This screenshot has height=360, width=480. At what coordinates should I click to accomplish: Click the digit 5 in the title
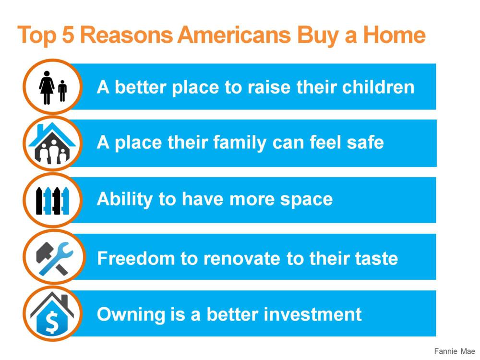(68, 34)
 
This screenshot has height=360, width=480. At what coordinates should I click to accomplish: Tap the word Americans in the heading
(234, 34)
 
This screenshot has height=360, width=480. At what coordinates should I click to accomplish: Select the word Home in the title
(394, 34)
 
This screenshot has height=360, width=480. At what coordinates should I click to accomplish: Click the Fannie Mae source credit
(454, 351)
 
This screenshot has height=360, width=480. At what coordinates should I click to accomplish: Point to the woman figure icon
(47, 88)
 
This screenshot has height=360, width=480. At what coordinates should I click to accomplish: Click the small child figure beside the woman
(62, 91)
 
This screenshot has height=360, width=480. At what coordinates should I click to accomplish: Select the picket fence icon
(52, 201)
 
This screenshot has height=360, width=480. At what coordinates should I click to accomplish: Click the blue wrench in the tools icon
(57, 259)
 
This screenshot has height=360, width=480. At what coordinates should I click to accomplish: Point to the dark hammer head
(44, 252)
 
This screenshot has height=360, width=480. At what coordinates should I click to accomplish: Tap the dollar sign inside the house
(52, 322)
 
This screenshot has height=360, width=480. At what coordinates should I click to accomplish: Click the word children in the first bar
(378, 87)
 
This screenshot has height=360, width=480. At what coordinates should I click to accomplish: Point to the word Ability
(124, 200)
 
